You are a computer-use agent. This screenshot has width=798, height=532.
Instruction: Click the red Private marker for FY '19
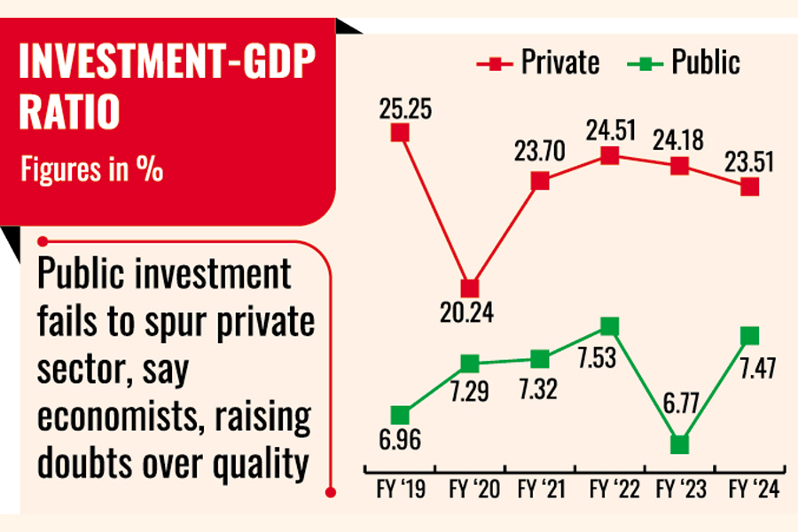[400, 132]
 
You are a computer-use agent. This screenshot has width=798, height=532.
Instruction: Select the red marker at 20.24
[470, 288]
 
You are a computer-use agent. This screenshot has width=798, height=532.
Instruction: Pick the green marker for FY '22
[610, 326]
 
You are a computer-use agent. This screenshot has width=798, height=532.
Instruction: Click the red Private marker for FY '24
[750, 186]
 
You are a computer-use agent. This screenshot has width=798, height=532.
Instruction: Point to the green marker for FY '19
[400, 415]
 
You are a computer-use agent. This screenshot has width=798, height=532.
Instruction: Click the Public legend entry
[685, 63]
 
